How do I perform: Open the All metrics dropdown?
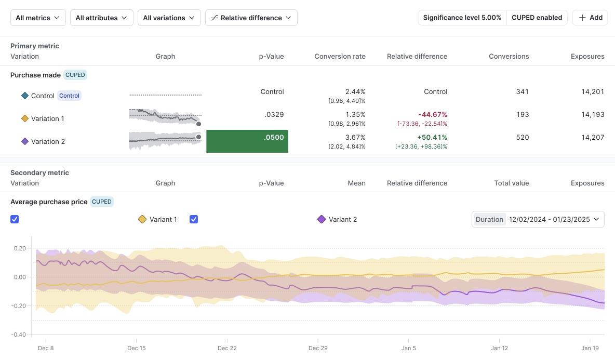pyautogui.click(x=38, y=18)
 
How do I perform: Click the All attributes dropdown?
pyautogui.click(x=101, y=18)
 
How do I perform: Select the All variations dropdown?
pyautogui.click(x=169, y=18)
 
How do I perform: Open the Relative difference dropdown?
pyautogui.click(x=251, y=18)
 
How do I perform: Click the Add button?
pyautogui.click(x=590, y=18)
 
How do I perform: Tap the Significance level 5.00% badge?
pyautogui.click(x=462, y=18)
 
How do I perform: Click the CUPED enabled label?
pyautogui.click(x=537, y=18)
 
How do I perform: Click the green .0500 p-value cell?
pyautogui.click(x=247, y=141)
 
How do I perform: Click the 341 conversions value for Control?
pyautogui.click(x=522, y=91)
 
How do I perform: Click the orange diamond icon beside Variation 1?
pyautogui.click(x=24, y=118)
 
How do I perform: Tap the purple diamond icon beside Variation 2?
pyautogui.click(x=24, y=141)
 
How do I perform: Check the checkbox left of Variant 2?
pyautogui.click(x=194, y=219)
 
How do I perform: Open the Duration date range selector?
pyautogui.click(x=538, y=219)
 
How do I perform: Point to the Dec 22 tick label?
pyautogui.click(x=227, y=348)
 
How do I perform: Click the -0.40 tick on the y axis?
pyautogui.click(x=19, y=335)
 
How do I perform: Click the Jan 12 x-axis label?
pyautogui.click(x=499, y=348)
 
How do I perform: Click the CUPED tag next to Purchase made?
pyautogui.click(x=75, y=75)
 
